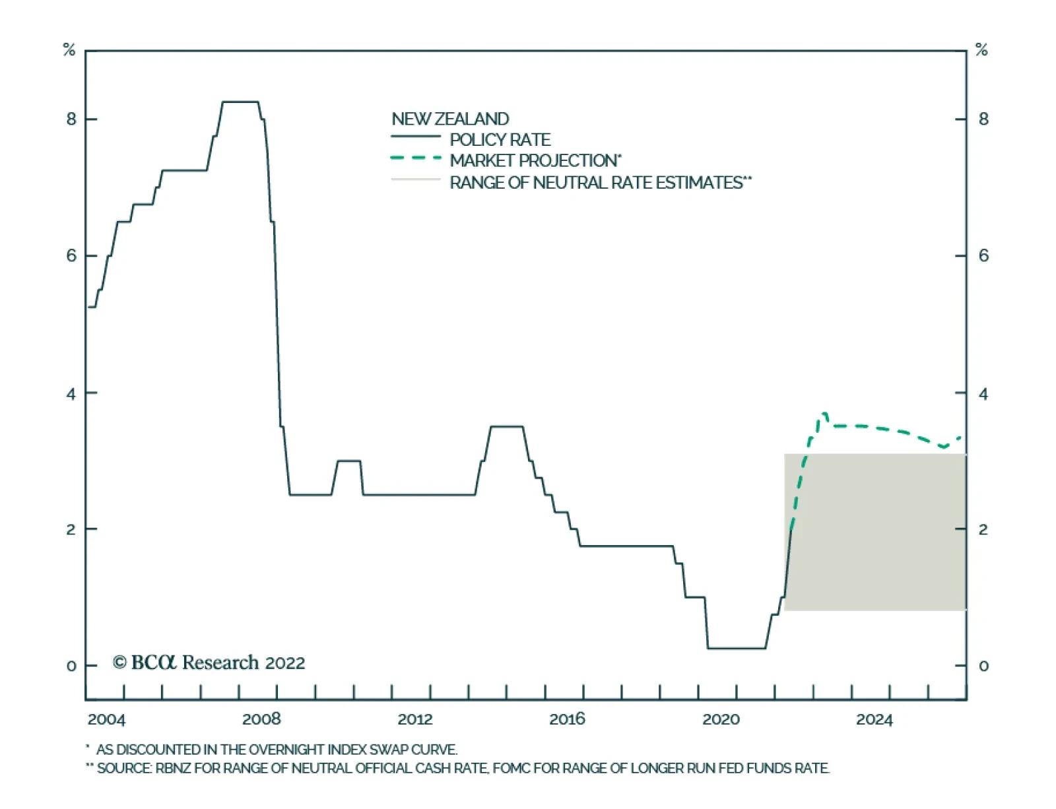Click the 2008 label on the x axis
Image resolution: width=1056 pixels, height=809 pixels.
point(261,719)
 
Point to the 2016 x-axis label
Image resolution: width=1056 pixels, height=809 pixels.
point(567,719)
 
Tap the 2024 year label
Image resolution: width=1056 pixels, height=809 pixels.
point(874,719)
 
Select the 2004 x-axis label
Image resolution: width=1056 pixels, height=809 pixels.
point(106,719)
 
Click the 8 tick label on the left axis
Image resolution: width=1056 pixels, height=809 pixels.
point(71,119)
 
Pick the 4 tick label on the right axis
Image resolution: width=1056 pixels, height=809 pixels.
point(983,394)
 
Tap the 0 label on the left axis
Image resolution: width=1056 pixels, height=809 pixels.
point(71,666)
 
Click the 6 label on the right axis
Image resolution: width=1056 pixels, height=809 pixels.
point(983,256)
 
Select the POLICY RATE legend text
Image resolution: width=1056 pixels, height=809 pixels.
point(500,140)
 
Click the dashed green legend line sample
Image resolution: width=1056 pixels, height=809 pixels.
point(416,158)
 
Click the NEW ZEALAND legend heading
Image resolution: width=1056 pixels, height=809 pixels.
point(450,119)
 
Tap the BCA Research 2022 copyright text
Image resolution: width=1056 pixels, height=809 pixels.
point(209,663)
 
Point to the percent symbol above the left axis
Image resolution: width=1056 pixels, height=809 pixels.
point(69,49)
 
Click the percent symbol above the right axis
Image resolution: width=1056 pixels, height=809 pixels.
point(981,49)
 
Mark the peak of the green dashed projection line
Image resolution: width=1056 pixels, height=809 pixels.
point(824,414)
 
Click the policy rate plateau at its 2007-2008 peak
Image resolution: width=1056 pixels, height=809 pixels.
point(240,102)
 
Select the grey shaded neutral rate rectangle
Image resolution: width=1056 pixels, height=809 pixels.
point(875,532)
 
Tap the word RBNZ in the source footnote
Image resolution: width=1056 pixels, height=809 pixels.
point(173,768)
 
